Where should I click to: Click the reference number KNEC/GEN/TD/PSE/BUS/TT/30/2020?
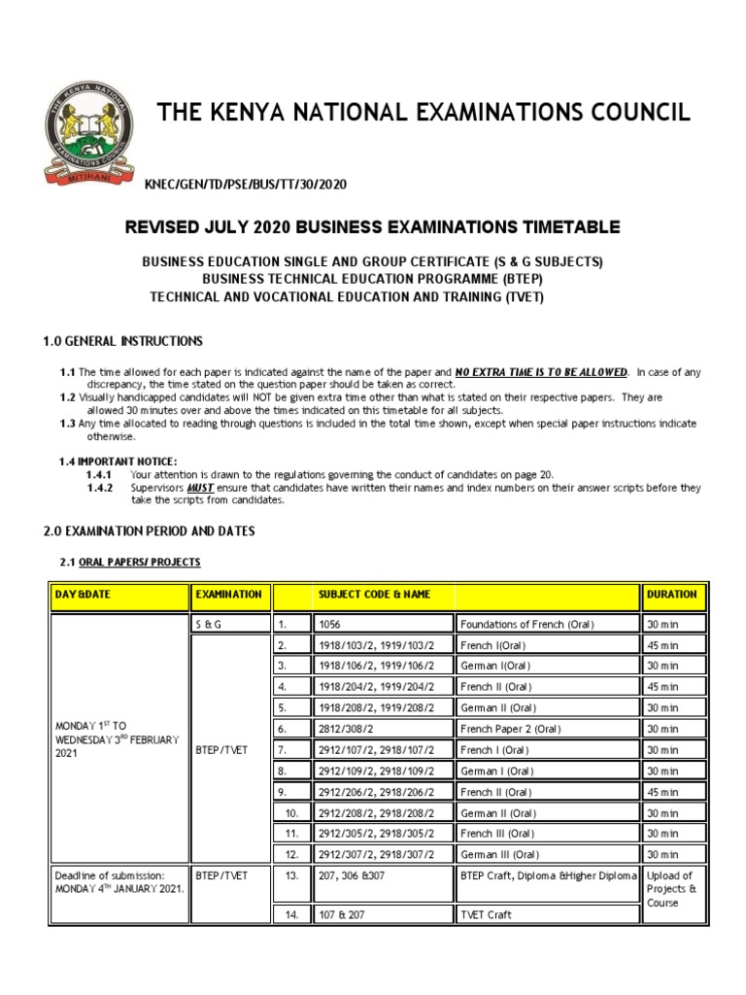coord(245,185)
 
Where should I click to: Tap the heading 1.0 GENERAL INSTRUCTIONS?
coord(123,341)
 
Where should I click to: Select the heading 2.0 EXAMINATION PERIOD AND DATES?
coord(150,532)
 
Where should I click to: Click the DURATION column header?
coord(671,594)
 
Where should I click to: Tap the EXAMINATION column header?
coord(228,594)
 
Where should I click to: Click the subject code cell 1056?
coord(330,624)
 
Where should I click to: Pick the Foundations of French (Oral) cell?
coord(526,624)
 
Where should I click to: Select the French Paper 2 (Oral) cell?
coord(514,729)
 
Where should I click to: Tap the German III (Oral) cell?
coord(500,854)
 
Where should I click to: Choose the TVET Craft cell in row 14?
coord(486,914)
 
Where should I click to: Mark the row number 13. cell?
coord(290,875)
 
